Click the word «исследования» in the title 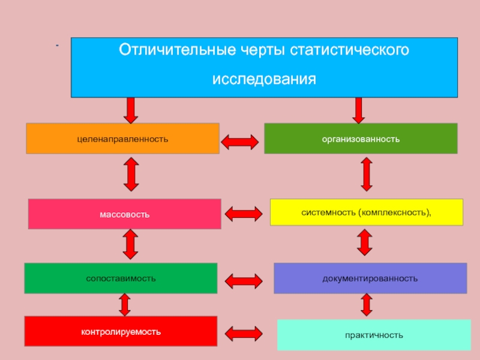click(x=264, y=79)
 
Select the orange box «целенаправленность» click(x=122, y=139)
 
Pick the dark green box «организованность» click(x=361, y=139)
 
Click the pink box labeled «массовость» click(x=125, y=214)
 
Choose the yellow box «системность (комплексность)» click(x=367, y=212)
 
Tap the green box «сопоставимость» click(x=121, y=278)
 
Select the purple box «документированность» click(x=370, y=278)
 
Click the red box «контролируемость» click(x=121, y=331)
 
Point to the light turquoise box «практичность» click(x=374, y=335)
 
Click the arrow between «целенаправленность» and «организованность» click(x=240, y=142)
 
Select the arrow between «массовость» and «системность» click(x=243, y=213)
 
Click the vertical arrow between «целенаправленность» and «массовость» click(x=131, y=174)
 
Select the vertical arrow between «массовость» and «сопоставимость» click(x=130, y=245)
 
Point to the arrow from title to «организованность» click(x=359, y=110)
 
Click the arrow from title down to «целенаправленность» click(x=130, y=110)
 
